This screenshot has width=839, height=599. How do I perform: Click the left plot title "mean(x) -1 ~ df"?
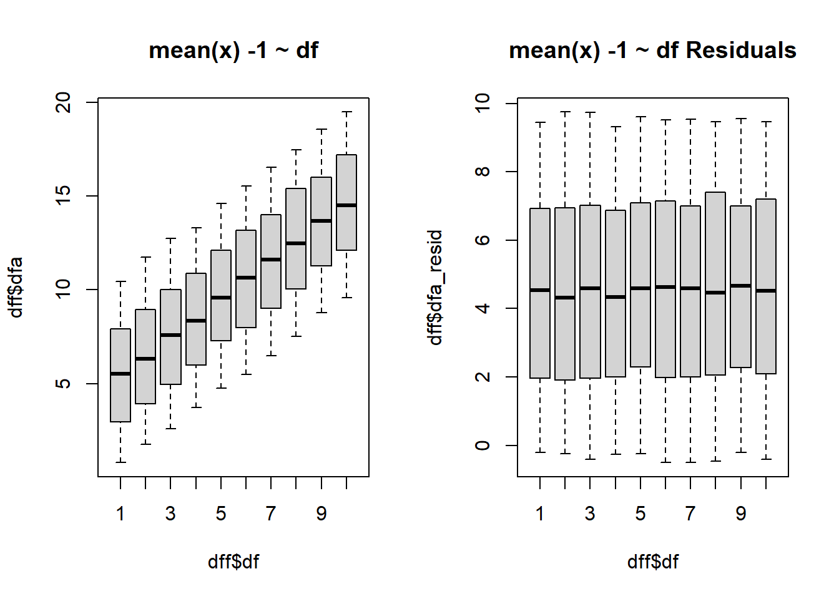click(233, 51)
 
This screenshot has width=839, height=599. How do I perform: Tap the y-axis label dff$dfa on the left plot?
click(16, 287)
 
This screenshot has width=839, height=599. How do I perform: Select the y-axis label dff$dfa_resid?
click(435, 287)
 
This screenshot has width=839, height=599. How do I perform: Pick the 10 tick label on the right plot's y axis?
click(483, 103)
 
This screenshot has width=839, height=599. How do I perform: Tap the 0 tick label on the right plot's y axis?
click(483, 446)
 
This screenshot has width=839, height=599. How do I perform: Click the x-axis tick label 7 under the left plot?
click(271, 514)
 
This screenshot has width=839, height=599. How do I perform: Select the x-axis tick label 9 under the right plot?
click(741, 514)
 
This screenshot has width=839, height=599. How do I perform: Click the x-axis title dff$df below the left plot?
click(233, 562)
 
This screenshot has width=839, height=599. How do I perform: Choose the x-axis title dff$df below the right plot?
click(653, 562)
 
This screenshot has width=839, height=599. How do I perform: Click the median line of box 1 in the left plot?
click(120, 374)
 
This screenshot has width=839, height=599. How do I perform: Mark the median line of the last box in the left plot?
click(346, 205)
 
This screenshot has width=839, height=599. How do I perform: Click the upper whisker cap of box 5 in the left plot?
click(221, 203)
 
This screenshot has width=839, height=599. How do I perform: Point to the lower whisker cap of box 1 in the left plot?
click(120, 462)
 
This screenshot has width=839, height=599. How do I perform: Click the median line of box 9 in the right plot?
click(741, 286)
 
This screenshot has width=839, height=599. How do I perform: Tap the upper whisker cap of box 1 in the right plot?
click(540, 123)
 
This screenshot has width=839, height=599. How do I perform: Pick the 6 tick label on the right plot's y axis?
click(483, 240)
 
